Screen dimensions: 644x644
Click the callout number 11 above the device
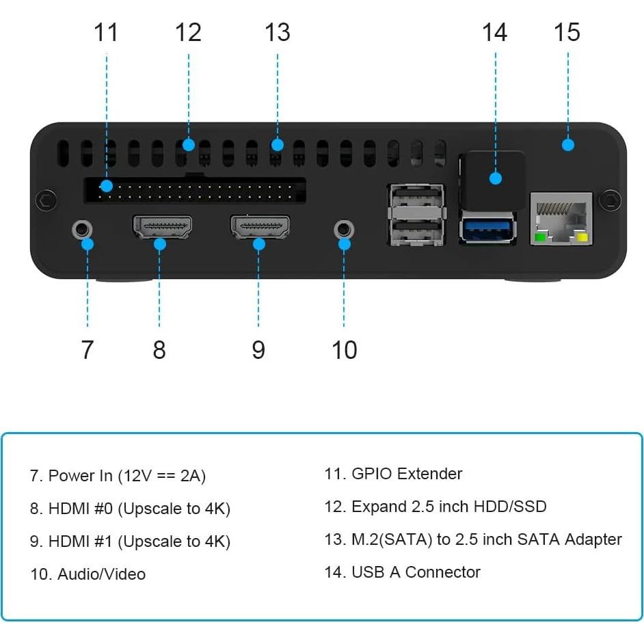click(x=106, y=32)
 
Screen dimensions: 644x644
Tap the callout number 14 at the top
click(x=494, y=32)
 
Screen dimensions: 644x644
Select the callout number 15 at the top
click(x=567, y=32)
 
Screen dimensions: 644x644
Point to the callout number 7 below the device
click(x=87, y=349)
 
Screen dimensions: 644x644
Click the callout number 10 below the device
click(x=344, y=349)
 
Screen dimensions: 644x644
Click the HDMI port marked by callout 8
click(x=161, y=227)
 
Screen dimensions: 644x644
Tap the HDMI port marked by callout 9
click(x=260, y=227)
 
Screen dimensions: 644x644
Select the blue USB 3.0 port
click(x=486, y=228)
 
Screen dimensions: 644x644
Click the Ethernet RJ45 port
click(x=561, y=217)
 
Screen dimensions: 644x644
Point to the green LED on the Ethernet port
click(x=539, y=238)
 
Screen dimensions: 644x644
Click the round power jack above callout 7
click(x=82, y=228)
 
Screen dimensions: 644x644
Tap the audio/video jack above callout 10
click(x=344, y=228)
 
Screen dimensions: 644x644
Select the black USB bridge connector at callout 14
click(x=493, y=179)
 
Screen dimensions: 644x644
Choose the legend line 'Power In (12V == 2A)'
click(x=118, y=476)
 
